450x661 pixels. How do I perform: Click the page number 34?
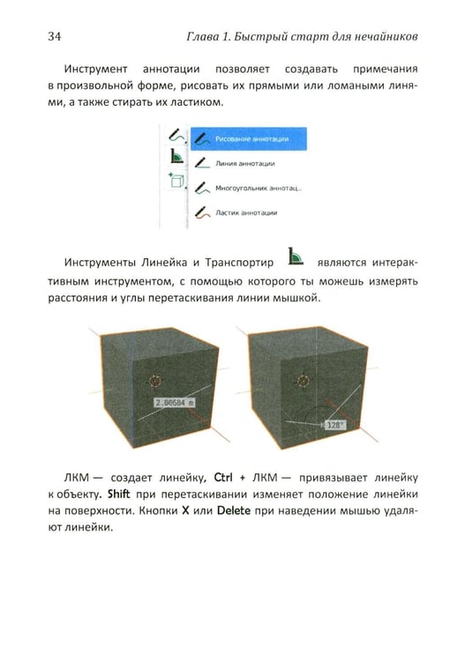click(x=55, y=36)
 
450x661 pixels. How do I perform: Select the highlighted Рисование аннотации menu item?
click(x=248, y=138)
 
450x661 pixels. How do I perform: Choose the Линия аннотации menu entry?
click(x=236, y=163)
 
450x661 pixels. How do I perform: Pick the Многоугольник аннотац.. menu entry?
click(x=248, y=188)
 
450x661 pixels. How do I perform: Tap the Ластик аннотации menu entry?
click(x=236, y=212)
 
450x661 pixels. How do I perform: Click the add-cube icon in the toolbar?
click(x=176, y=180)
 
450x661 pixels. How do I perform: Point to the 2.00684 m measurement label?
click(x=175, y=403)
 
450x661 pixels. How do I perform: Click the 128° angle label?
click(x=334, y=425)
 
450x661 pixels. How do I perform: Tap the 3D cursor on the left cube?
click(x=155, y=381)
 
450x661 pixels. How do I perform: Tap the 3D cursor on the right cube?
click(x=304, y=381)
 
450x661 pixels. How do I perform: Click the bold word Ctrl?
click(x=223, y=477)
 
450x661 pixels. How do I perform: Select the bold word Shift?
click(x=118, y=494)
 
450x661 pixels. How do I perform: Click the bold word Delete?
click(x=234, y=510)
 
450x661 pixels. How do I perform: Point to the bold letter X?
click(x=185, y=510)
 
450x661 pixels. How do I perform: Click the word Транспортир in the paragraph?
click(x=239, y=263)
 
